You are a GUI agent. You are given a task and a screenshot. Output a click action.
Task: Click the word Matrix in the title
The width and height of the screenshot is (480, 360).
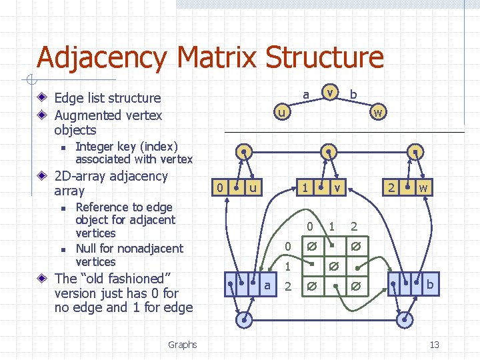(x=212, y=57)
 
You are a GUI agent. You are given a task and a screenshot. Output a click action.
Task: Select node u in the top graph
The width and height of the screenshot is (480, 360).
(x=283, y=113)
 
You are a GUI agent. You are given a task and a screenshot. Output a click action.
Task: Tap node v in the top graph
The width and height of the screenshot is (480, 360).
(x=329, y=91)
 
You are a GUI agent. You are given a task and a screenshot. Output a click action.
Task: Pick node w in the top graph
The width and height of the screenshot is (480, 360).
(x=377, y=113)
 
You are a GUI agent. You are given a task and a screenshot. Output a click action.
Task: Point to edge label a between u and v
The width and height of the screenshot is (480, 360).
(x=305, y=95)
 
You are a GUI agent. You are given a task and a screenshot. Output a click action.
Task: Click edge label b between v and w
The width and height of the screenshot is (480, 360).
(x=353, y=95)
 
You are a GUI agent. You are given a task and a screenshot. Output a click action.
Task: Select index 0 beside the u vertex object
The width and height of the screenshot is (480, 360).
(x=220, y=188)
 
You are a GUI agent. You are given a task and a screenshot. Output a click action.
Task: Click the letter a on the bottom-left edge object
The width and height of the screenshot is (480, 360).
(x=267, y=285)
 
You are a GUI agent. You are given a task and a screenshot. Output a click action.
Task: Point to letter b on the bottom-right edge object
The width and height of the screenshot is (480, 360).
(x=430, y=285)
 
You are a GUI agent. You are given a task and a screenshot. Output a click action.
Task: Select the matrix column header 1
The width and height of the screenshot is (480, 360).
(x=331, y=227)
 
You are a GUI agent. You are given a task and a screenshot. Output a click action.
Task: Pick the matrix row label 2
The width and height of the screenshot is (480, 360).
(x=288, y=287)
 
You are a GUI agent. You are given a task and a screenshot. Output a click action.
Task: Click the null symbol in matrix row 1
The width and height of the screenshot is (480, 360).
(x=333, y=267)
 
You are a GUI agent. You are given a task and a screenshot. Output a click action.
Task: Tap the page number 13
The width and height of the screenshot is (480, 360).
(x=434, y=345)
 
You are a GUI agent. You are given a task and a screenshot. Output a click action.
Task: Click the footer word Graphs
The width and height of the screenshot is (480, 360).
(x=182, y=345)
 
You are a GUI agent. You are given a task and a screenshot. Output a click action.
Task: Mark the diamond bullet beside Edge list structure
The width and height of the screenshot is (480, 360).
(x=43, y=98)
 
